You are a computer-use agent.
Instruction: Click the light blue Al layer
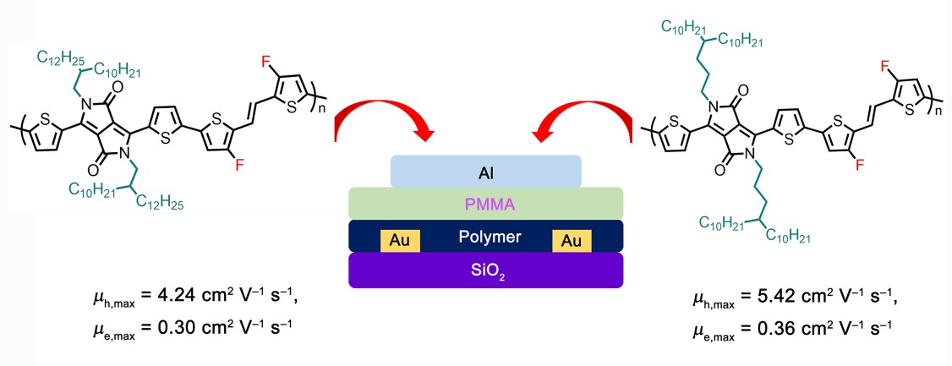click(x=485, y=172)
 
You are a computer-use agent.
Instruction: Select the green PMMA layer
click(x=485, y=203)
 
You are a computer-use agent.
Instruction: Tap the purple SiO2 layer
click(x=485, y=270)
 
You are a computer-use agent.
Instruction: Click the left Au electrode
click(x=402, y=240)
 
